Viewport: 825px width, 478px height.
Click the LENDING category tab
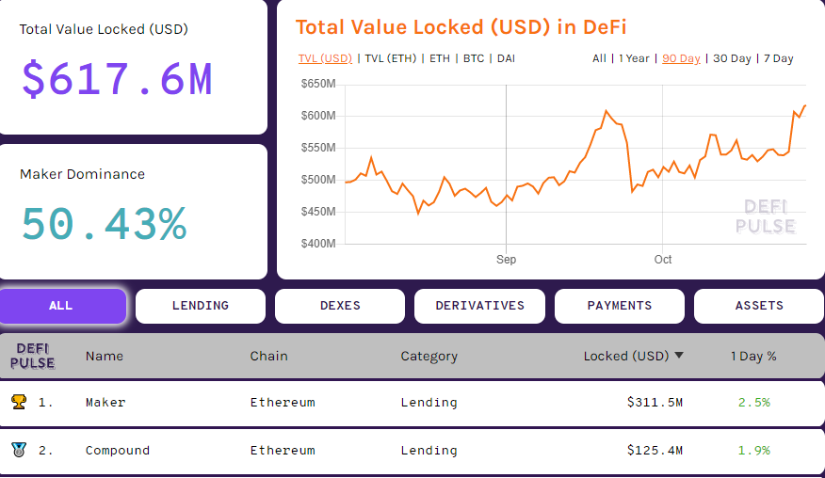coord(200,306)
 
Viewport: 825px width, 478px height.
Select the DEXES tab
coord(339,306)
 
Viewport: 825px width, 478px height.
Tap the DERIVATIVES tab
coord(479,306)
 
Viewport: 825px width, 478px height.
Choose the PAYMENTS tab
coord(619,306)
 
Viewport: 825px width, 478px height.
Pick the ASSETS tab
coord(758,306)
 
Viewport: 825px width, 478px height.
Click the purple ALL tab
coord(61,306)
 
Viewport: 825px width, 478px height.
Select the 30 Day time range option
coord(732,58)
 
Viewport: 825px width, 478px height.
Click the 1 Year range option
coord(634,58)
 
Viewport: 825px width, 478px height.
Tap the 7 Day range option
coord(778,58)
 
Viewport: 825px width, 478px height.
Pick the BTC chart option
coord(474,58)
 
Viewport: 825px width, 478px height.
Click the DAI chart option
coord(506,58)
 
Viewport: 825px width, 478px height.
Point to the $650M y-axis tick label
coord(317,85)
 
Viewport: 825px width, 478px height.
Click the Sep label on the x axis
coord(506,260)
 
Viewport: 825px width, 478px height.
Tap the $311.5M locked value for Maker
coord(655,403)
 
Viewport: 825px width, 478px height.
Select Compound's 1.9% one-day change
coord(753,451)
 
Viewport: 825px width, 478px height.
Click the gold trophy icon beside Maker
coord(19,403)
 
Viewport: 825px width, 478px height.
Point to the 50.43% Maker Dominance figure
coord(104,224)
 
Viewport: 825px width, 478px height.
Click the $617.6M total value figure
coord(117,80)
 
